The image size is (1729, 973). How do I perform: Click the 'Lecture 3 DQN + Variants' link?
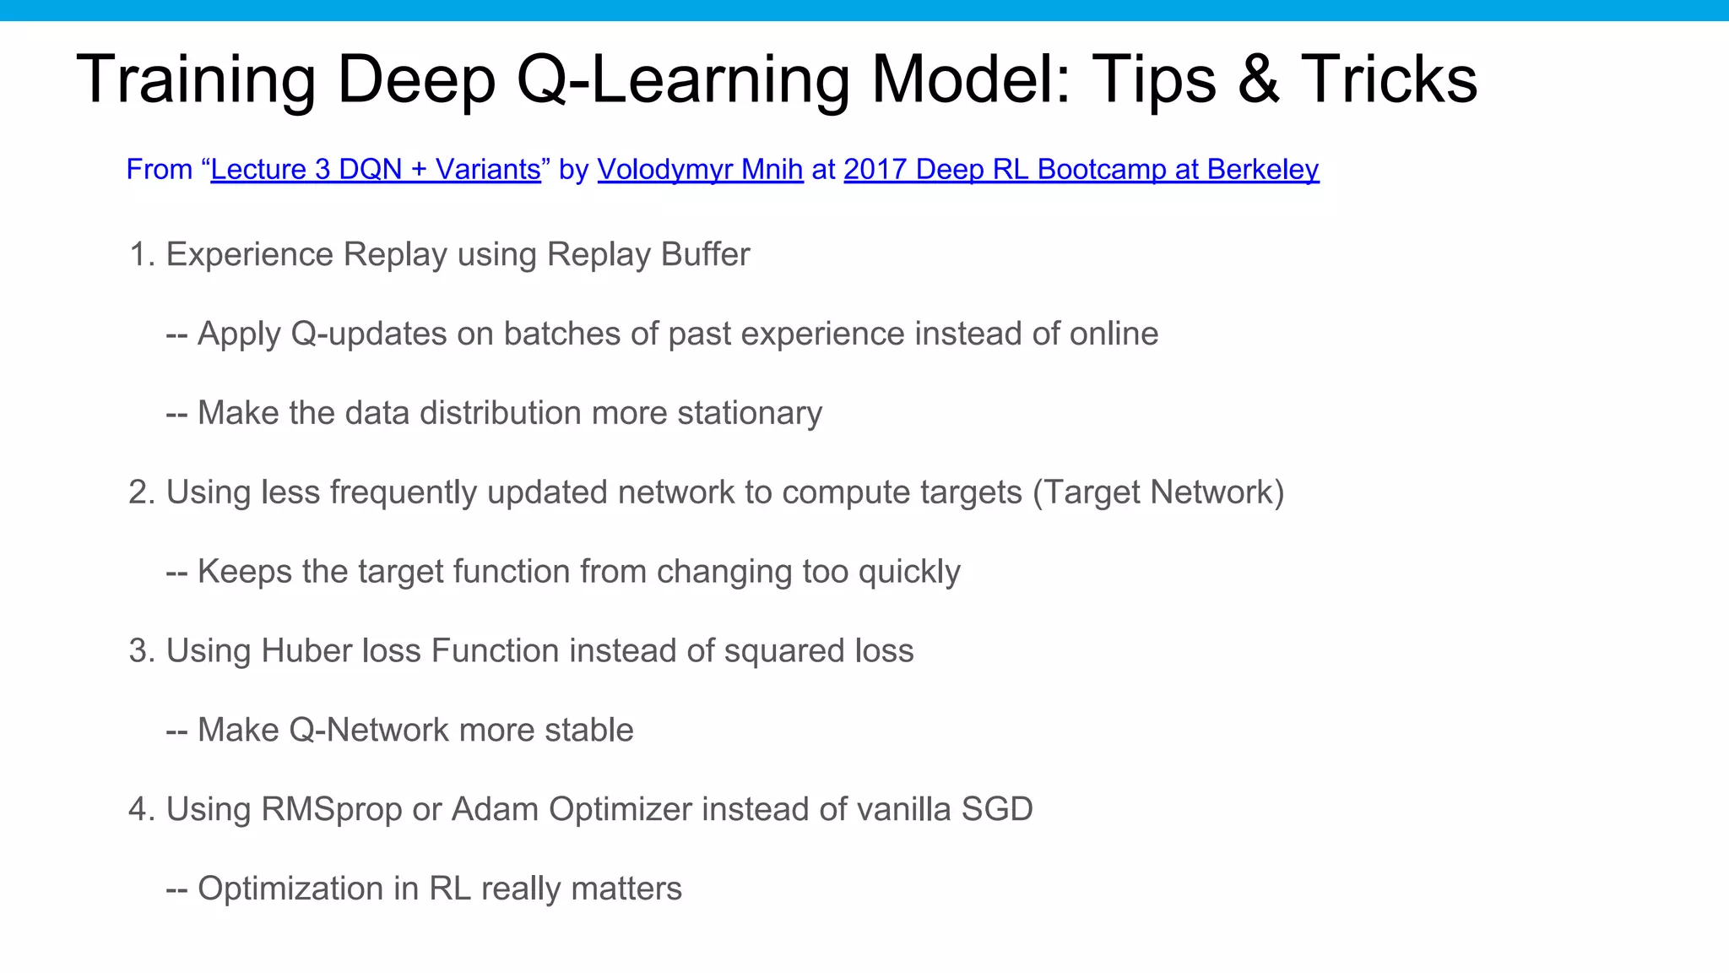click(x=376, y=170)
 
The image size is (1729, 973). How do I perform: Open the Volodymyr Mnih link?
click(x=700, y=170)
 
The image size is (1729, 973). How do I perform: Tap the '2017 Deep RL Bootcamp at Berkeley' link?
click(x=1081, y=170)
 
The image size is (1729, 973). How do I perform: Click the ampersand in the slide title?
click(x=1258, y=79)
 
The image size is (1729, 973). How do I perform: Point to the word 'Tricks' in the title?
click(x=1389, y=79)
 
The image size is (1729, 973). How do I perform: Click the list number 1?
click(x=139, y=255)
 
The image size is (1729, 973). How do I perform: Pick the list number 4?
click(x=139, y=810)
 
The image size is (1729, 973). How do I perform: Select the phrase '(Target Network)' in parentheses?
click(x=1158, y=492)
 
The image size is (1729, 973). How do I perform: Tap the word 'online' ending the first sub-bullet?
click(x=1114, y=334)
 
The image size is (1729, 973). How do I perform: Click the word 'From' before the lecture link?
click(x=160, y=170)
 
